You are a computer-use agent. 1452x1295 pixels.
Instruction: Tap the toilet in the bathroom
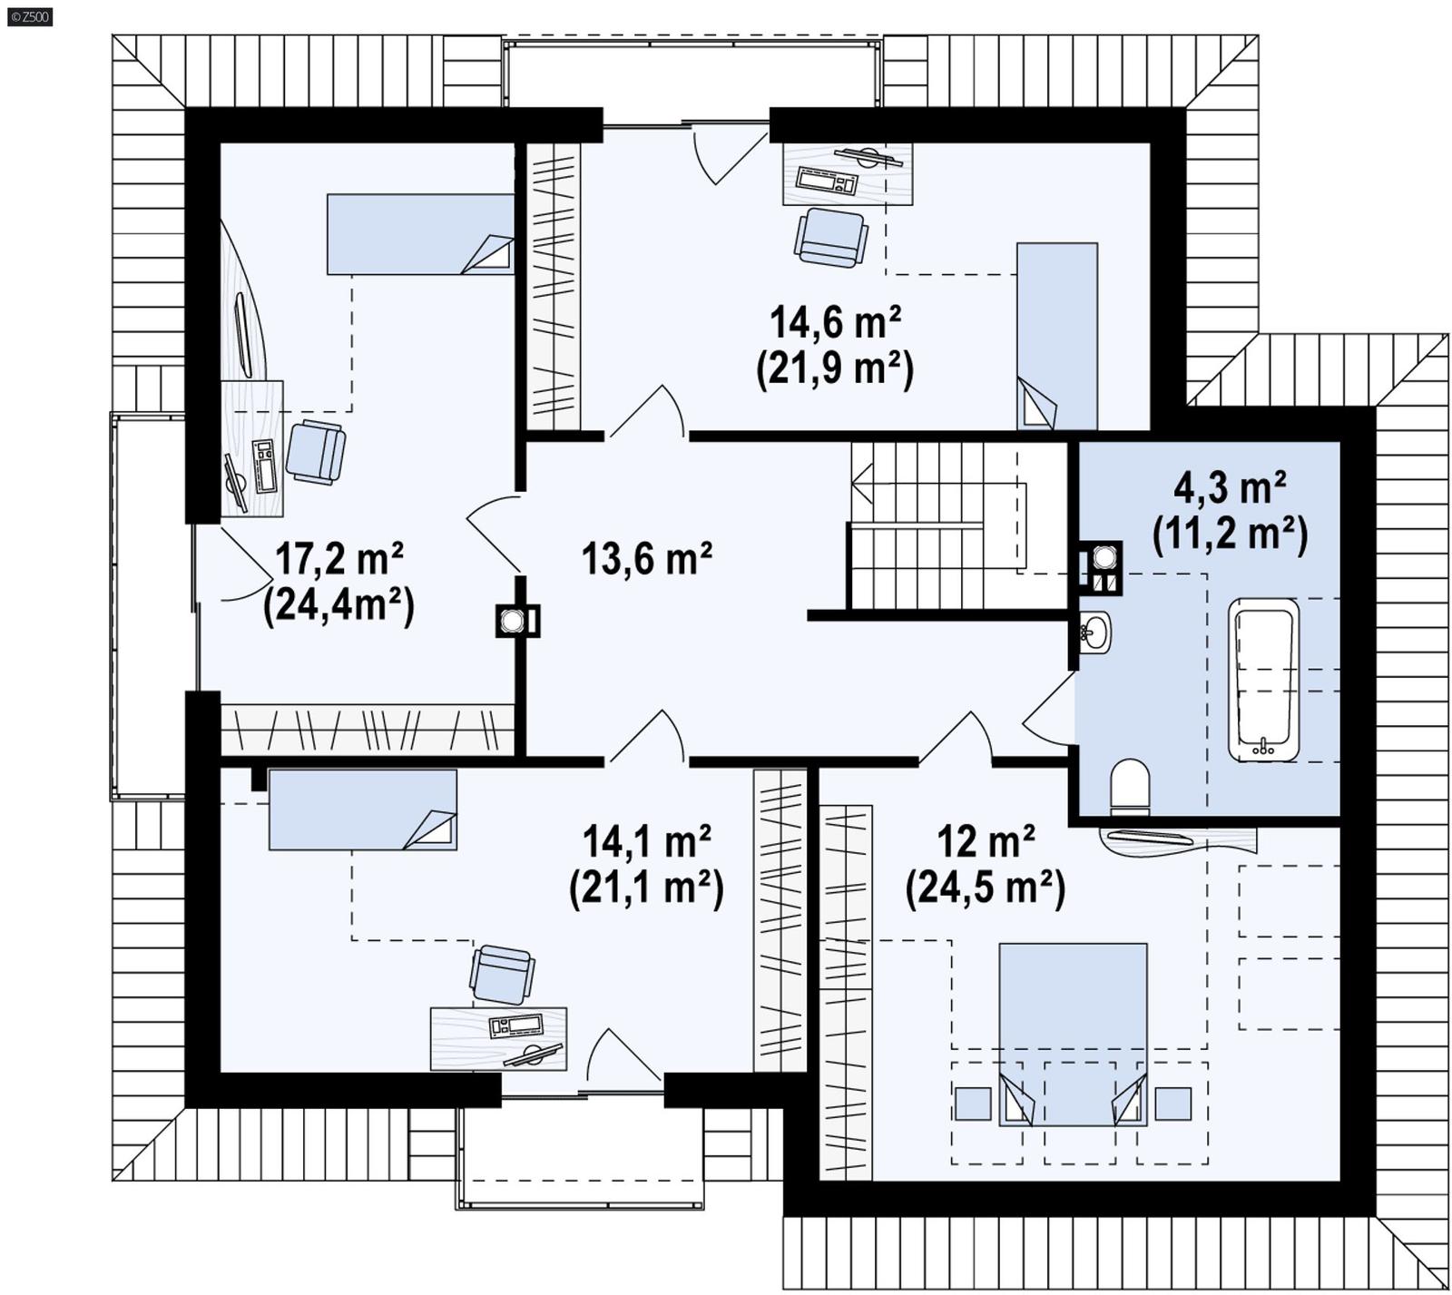[x=1130, y=784]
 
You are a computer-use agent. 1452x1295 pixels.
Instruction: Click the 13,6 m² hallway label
[x=646, y=558]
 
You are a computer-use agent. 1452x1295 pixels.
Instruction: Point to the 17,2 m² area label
[x=338, y=558]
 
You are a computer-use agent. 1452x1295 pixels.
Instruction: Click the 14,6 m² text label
[x=835, y=320]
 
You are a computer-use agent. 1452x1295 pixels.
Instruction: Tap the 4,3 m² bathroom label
[x=1230, y=488]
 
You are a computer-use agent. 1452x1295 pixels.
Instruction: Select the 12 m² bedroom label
[x=986, y=841]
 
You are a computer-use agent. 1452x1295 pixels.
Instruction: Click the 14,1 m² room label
[x=646, y=841]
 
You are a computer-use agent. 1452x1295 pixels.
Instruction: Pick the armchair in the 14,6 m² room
[x=830, y=238]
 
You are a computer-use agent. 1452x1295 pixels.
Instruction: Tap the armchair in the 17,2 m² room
[x=315, y=450]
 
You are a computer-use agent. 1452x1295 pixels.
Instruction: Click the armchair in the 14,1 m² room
[x=501, y=975]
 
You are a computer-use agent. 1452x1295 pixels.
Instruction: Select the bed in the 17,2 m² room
[x=419, y=233]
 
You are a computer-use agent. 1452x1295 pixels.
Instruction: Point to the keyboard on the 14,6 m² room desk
[x=827, y=181]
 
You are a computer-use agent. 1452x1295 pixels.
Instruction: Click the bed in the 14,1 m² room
[x=362, y=809]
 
